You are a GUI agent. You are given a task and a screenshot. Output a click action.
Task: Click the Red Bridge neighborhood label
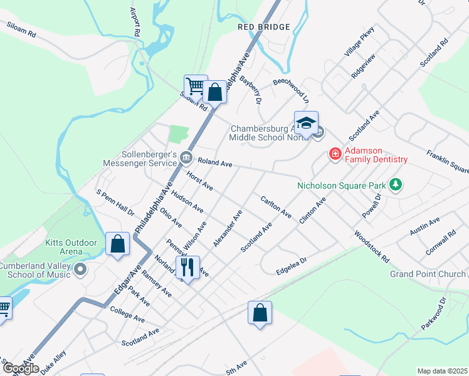(264, 27)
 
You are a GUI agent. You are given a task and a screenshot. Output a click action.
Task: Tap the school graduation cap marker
(306, 123)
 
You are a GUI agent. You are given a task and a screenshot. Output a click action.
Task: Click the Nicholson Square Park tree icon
(396, 185)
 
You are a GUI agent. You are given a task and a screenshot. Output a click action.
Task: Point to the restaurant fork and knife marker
(187, 268)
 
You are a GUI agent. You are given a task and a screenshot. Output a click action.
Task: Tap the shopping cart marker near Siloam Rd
(196, 87)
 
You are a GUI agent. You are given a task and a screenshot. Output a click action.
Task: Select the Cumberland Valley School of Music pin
(80, 270)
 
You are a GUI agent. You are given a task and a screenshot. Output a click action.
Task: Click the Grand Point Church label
(428, 274)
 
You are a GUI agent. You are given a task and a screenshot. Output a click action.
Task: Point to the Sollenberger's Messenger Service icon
(186, 157)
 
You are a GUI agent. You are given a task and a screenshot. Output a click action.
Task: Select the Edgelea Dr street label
(291, 265)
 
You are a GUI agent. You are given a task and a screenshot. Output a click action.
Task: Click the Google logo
(21, 368)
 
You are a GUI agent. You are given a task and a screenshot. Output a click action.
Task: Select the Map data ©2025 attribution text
(442, 371)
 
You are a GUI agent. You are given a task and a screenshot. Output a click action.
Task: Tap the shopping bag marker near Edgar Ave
(117, 244)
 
